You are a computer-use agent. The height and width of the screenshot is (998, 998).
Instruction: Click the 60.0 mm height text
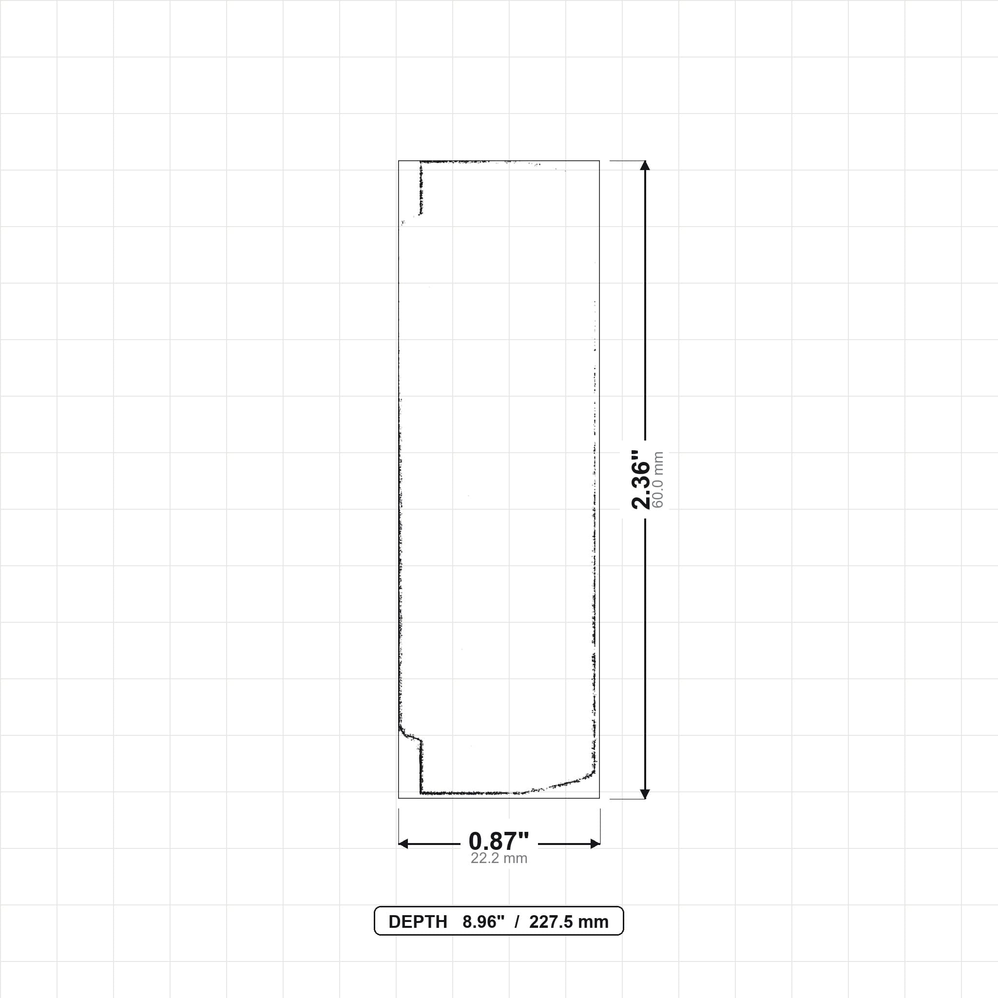[x=657, y=480]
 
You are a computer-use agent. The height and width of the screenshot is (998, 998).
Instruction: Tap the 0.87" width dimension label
[x=499, y=842]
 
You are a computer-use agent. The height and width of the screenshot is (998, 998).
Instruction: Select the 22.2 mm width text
[x=499, y=859]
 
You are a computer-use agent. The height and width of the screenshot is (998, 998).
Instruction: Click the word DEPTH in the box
[x=418, y=922]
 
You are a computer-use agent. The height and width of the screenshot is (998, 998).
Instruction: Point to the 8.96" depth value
[x=483, y=922]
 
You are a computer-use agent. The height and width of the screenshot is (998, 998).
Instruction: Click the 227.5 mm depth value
[x=569, y=922]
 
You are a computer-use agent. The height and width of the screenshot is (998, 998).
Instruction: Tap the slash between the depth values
[x=517, y=922]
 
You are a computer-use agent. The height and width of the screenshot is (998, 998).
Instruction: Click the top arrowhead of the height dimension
[x=645, y=165]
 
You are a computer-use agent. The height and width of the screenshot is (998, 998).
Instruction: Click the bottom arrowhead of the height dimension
[x=645, y=794]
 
